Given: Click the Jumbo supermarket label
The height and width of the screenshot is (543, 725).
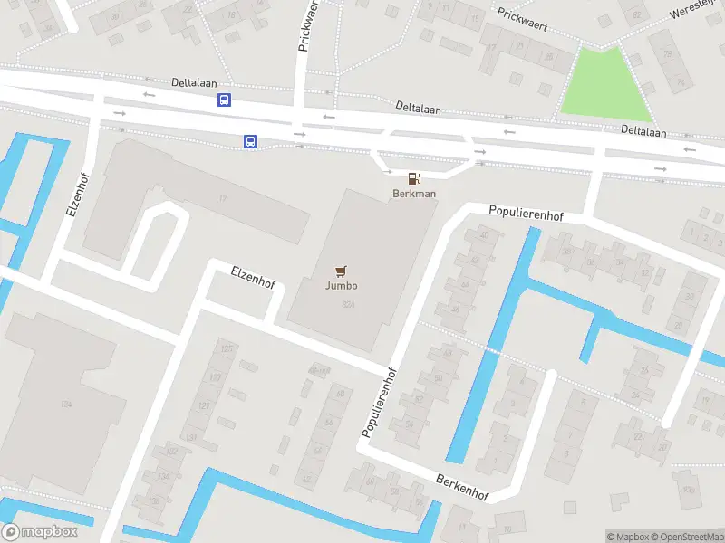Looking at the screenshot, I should point(342,286).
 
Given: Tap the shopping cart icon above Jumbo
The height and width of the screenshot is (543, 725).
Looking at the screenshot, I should point(342,271).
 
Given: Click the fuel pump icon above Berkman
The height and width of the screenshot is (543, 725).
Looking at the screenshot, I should point(414,179).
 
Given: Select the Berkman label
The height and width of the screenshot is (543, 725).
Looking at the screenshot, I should point(414,194).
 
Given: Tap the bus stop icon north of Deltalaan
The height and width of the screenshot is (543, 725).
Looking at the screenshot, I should point(223,100).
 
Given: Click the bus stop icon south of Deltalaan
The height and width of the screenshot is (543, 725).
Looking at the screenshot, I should point(250,141).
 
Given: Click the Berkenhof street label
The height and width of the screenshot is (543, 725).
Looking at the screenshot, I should point(462,488).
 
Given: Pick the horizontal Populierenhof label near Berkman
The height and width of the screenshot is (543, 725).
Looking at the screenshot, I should point(526,214).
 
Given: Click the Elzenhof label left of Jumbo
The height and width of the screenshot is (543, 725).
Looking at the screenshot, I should point(253,276).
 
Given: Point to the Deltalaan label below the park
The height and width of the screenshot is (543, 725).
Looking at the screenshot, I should point(643,132).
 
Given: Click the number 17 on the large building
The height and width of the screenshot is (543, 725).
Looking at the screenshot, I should point(221,198).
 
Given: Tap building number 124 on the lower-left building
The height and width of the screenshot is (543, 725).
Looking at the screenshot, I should point(65,404).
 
